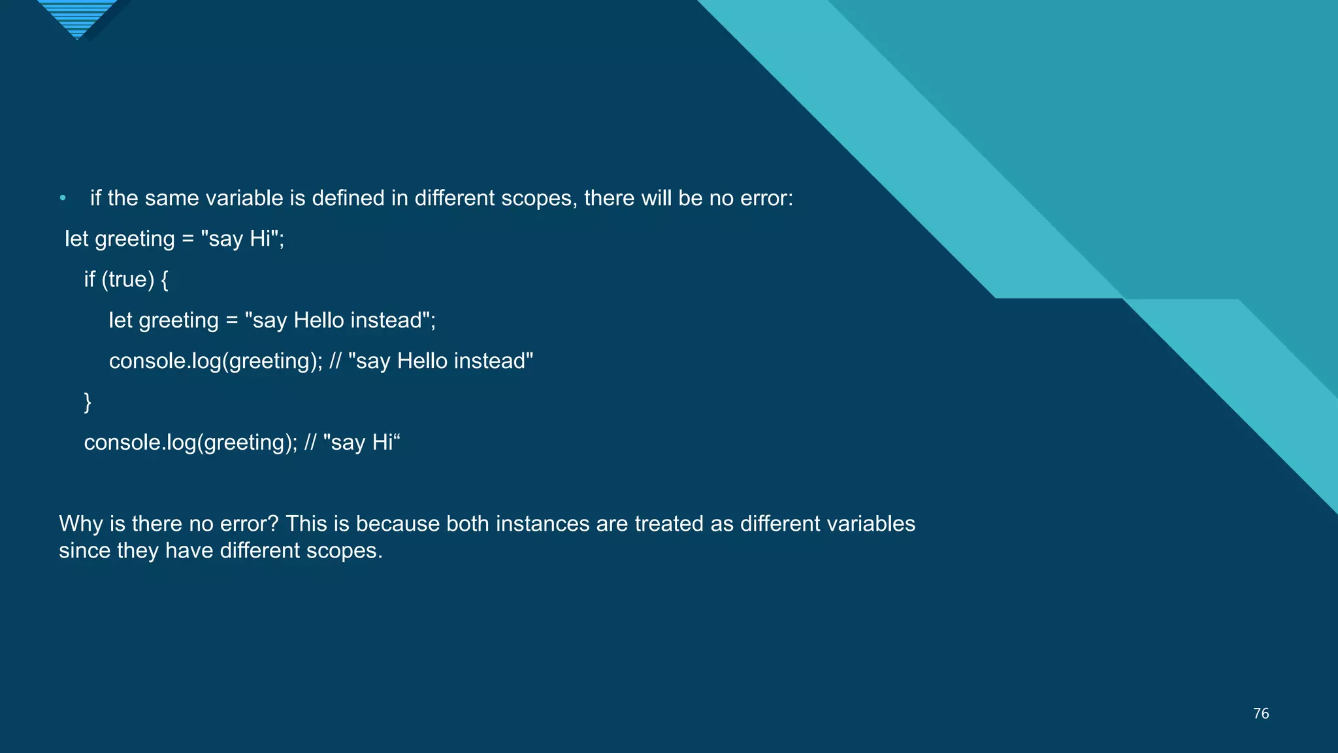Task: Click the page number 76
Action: tap(1260, 713)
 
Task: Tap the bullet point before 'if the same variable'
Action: tap(63, 198)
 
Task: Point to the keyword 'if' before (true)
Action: tap(90, 280)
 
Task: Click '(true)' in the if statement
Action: tap(127, 280)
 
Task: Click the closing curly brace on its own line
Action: tap(88, 401)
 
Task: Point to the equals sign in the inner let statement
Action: tap(232, 321)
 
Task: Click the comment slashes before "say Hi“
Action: tap(310, 443)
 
